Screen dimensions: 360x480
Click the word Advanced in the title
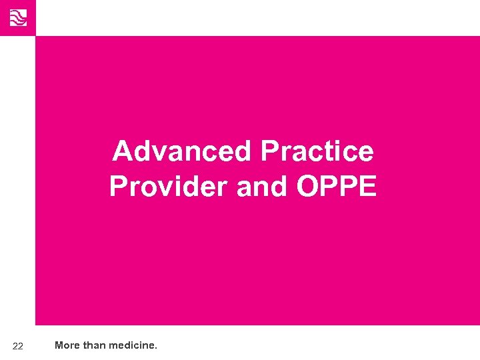click(182, 151)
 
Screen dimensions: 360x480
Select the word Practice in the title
click(317, 151)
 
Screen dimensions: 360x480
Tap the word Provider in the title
click(169, 187)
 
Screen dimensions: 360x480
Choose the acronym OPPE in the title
click(337, 187)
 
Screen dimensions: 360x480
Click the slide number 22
click(18, 346)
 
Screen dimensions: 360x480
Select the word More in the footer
click(67, 345)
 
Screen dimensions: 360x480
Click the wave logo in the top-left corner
click(17, 17)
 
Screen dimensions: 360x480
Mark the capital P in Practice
click(271, 151)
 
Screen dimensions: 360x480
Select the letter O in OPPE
click(307, 187)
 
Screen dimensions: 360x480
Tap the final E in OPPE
click(367, 187)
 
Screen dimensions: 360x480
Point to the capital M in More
click(59, 345)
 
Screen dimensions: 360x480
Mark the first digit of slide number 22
click(15, 346)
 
